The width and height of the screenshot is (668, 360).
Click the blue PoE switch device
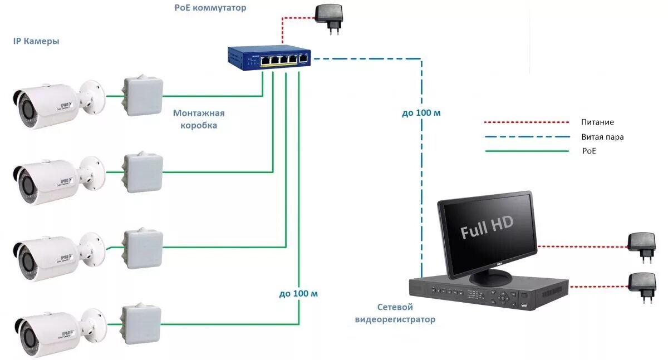pyautogui.click(x=269, y=57)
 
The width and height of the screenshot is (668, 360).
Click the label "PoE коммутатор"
pyautogui.click(x=210, y=8)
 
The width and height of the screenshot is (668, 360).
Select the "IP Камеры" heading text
pyautogui.click(x=36, y=42)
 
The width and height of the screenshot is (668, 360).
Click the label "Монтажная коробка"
pyautogui.click(x=199, y=119)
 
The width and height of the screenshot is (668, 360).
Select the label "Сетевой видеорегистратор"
pyautogui.click(x=395, y=313)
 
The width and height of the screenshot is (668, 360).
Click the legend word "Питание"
pyautogui.click(x=597, y=122)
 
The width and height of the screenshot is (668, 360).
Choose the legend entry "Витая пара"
pyautogui.click(x=602, y=136)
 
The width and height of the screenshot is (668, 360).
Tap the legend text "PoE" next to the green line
pyautogui.click(x=588, y=151)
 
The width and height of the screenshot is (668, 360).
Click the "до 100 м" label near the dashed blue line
pyautogui.click(x=421, y=113)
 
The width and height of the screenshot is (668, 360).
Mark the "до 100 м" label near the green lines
pyautogui.click(x=299, y=293)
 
